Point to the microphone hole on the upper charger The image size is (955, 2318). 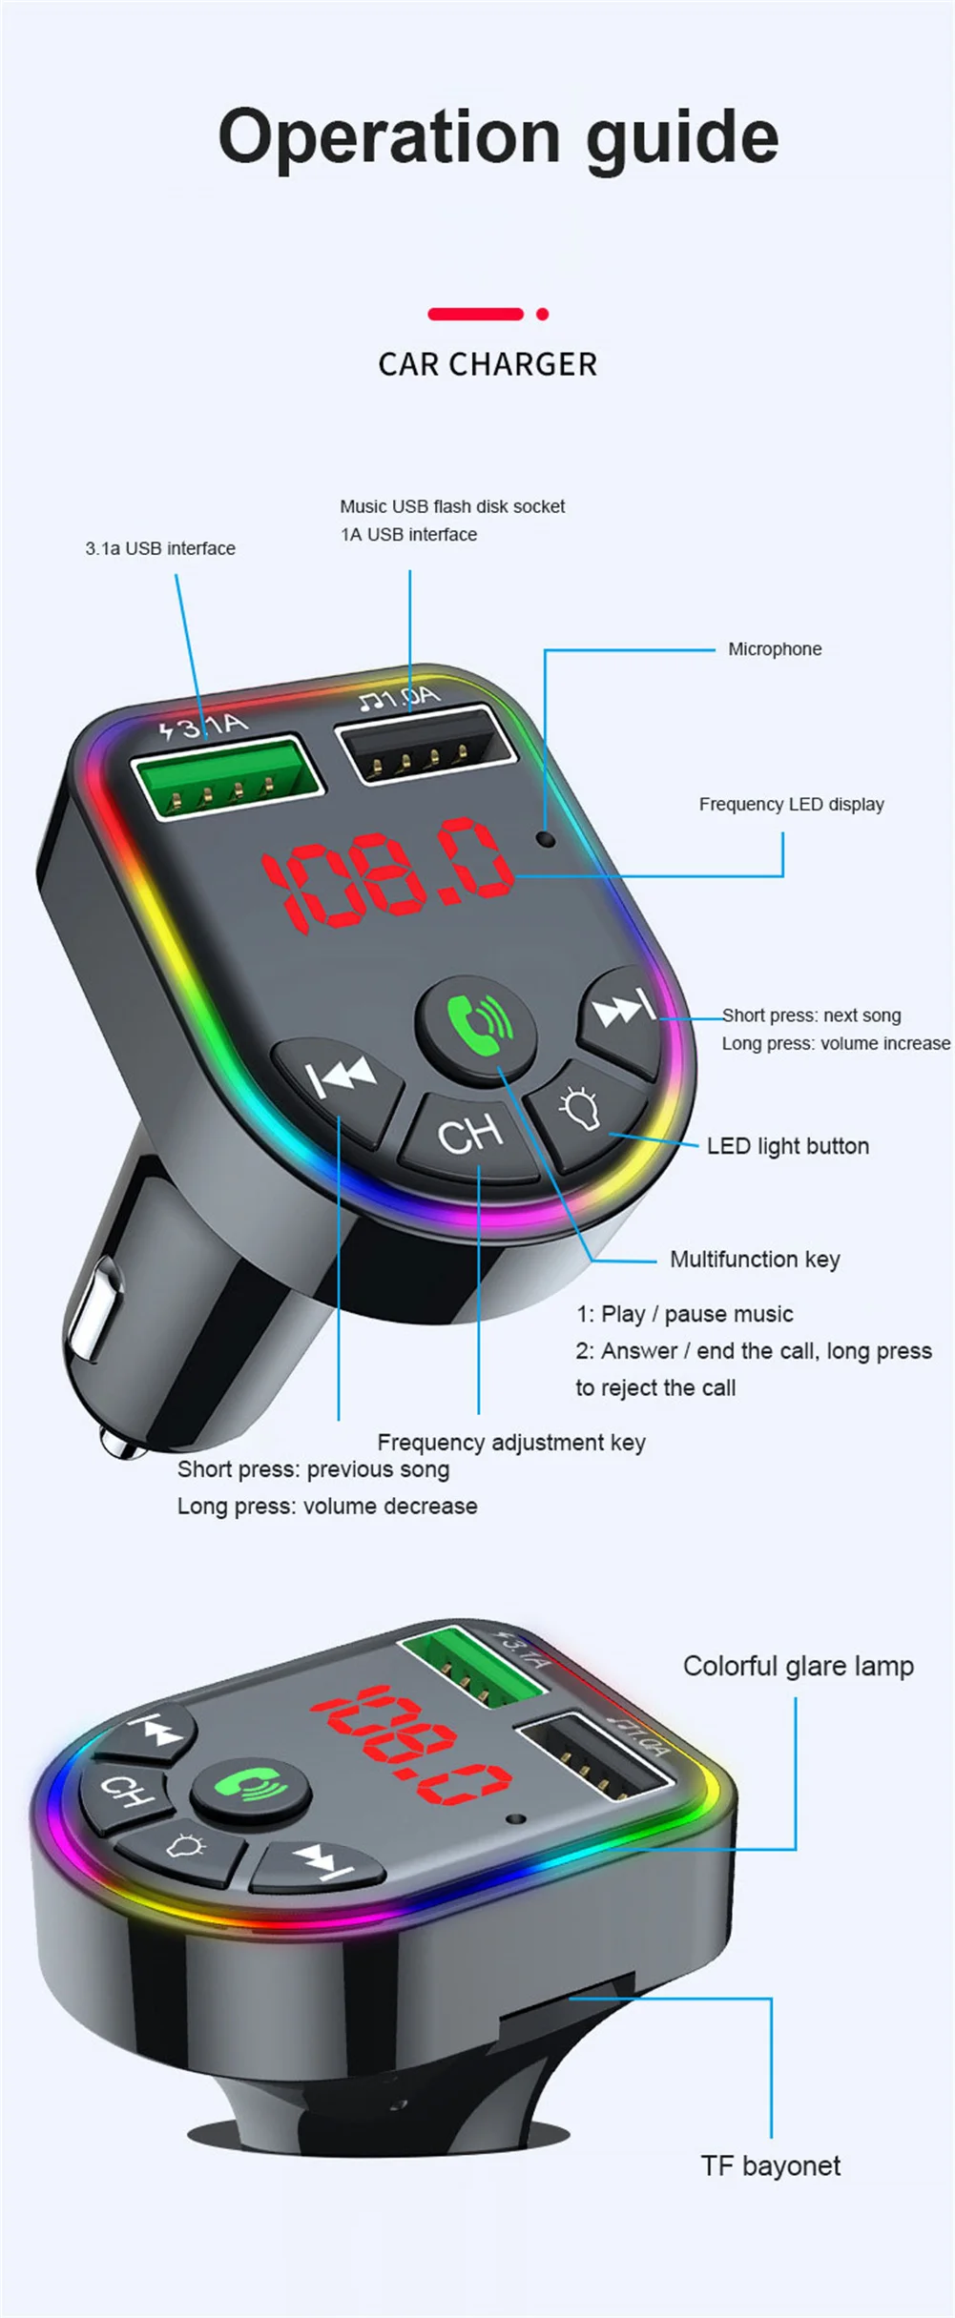coord(546,839)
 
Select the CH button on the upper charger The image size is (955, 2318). coord(469,1135)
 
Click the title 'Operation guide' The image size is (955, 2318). coord(498,136)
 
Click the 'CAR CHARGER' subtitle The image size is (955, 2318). coord(488,364)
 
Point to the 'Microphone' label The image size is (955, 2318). coord(775,649)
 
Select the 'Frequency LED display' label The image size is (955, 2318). coord(791,804)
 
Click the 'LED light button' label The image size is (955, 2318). coord(787,1146)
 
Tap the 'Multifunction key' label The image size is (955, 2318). coord(755,1260)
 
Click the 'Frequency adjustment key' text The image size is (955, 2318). coord(511,1443)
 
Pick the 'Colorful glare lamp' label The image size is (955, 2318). coord(798,1666)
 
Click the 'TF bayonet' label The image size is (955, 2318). coord(771,2165)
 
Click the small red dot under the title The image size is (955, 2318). coord(543,314)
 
